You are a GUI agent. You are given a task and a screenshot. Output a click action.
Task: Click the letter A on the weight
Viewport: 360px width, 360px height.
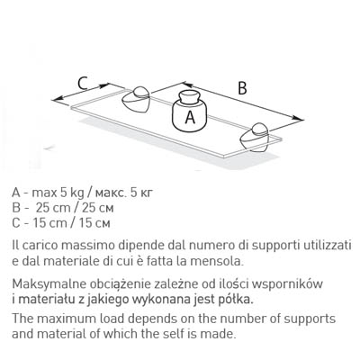pyautogui.click(x=190, y=117)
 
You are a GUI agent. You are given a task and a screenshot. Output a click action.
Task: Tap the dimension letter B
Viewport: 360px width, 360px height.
pyautogui.click(x=242, y=88)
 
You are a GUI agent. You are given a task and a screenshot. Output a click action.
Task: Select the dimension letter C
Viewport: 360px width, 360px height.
pyautogui.click(x=83, y=83)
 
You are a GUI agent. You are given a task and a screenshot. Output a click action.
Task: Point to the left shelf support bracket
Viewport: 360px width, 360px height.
pyautogui.click(x=136, y=99)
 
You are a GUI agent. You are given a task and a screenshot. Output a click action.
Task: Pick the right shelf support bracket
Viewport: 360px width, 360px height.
pyautogui.click(x=256, y=137)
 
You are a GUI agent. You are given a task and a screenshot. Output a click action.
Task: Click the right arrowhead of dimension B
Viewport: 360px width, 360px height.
pyautogui.click(x=298, y=119)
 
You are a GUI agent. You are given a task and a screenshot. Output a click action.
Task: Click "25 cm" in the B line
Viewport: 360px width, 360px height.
pyautogui.click(x=53, y=208)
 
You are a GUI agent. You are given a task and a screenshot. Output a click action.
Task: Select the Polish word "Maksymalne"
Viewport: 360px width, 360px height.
pyautogui.click(x=46, y=283)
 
